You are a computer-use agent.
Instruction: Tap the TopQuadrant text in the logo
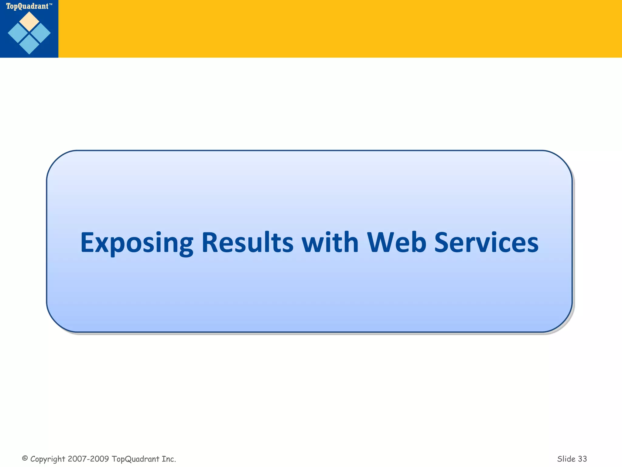click(27, 6)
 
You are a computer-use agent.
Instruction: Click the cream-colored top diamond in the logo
click(29, 21)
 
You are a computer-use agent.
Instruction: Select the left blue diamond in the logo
click(18, 33)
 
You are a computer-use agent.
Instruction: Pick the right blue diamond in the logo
click(40, 33)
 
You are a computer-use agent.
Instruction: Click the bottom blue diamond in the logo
click(29, 45)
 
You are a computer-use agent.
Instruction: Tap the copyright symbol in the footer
click(25, 458)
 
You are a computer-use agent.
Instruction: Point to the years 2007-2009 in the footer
click(88, 459)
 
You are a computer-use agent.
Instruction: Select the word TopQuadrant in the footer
click(135, 459)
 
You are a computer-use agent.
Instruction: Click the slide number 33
click(583, 459)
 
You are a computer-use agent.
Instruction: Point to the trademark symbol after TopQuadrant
click(51, 5)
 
